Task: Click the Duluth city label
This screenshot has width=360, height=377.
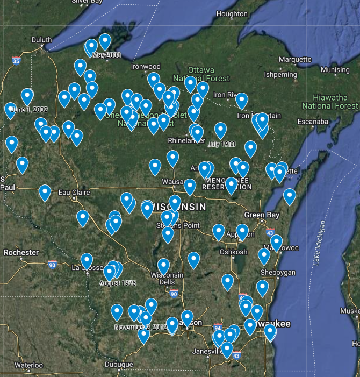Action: click(41, 40)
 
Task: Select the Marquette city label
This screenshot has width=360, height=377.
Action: click(295, 59)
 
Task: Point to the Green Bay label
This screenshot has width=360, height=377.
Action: click(262, 215)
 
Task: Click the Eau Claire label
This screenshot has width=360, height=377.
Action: click(72, 192)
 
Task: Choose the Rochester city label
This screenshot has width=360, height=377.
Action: click(21, 252)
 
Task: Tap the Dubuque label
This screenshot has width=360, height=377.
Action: click(118, 364)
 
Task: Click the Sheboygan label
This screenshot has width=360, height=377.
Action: click(278, 273)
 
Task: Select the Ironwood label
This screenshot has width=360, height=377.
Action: click(146, 67)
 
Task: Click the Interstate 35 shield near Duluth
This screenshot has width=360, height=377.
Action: click(17, 61)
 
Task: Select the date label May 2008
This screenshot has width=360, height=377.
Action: click(106, 55)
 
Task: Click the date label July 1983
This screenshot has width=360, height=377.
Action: click(221, 144)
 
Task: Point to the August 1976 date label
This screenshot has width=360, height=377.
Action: click(118, 283)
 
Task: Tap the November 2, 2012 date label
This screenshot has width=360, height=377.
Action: click(141, 327)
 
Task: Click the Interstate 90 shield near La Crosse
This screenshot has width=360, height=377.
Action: click(52, 264)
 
